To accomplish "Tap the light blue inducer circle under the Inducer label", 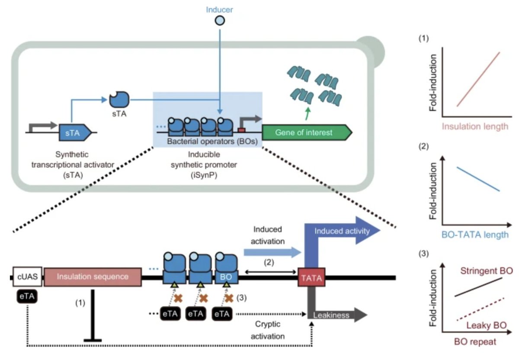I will [x=220, y=20].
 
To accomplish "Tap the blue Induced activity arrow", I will [x=342, y=231].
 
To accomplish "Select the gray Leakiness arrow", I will [x=337, y=315].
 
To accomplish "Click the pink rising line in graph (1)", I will [x=478, y=79].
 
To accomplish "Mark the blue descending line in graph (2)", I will [x=478, y=179].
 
